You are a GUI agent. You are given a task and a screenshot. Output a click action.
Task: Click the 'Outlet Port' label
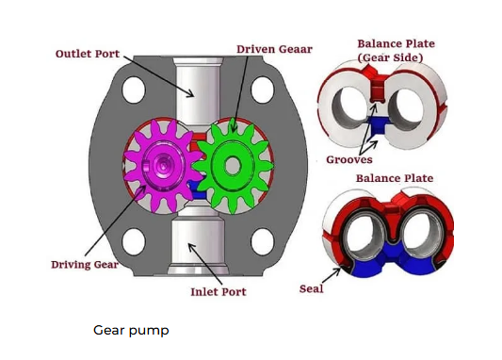pyautogui.click(x=88, y=54)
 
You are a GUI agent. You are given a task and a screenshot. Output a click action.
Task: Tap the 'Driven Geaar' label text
pyautogui.click(x=274, y=49)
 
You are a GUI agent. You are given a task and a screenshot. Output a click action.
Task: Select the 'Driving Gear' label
pyautogui.click(x=85, y=265)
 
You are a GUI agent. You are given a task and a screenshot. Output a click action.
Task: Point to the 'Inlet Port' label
pyautogui.click(x=219, y=292)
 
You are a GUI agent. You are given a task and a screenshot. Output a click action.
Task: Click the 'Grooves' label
pyautogui.click(x=349, y=159)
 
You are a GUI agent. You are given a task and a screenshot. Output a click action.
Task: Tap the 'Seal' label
pyautogui.click(x=311, y=289)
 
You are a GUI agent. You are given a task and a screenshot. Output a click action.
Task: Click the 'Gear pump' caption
pyautogui.click(x=131, y=331)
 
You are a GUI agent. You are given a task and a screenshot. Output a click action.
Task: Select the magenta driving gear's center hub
pyautogui.click(x=163, y=165)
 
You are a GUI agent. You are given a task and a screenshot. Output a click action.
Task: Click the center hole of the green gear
pyautogui.click(x=233, y=165)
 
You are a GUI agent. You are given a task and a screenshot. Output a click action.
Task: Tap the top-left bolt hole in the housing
pyautogui.click(x=134, y=90)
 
